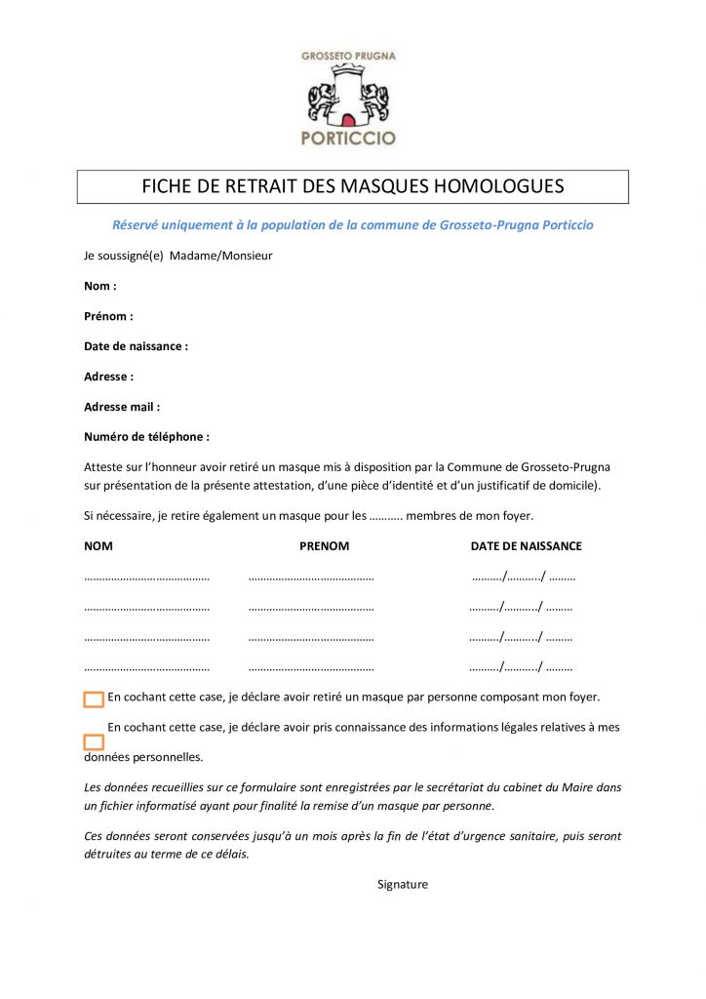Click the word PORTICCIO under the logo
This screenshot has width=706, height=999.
[348, 138]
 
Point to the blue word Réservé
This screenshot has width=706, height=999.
[139, 225]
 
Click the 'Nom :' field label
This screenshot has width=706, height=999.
[100, 286]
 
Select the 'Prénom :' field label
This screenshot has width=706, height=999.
[108, 316]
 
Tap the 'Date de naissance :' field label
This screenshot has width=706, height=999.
[136, 346]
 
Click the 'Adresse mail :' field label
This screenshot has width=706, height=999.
[122, 407]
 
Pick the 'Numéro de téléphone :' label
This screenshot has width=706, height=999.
[146, 437]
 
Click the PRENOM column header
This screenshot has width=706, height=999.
[324, 546]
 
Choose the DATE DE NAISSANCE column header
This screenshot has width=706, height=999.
[526, 546]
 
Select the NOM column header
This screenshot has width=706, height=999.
[98, 546]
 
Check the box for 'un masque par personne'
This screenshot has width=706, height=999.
[94, 699]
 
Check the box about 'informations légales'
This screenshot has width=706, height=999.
[94, 742]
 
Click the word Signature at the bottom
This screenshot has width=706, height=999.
[403, 885]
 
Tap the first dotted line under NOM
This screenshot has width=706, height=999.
[146, 578]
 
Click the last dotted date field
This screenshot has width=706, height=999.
[521, 669]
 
